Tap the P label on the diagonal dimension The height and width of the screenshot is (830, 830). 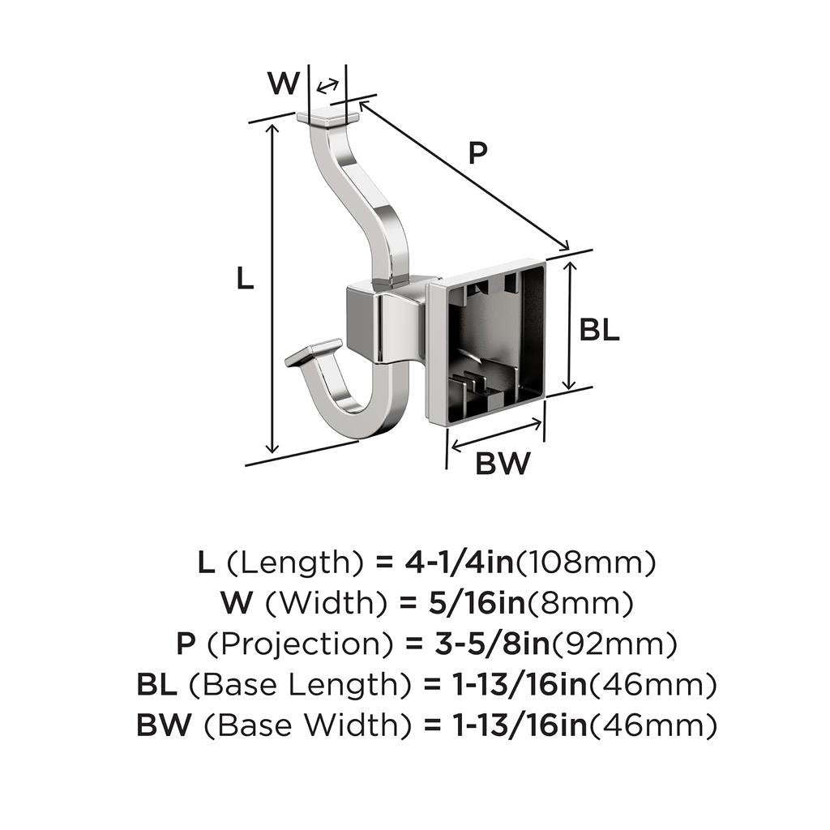478,152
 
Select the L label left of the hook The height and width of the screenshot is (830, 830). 245,279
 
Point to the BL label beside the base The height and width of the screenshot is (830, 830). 600,330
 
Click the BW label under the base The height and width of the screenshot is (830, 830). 503,464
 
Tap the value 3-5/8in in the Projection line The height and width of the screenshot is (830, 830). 485,644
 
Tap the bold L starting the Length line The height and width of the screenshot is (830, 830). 206,562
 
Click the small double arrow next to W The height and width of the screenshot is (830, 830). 327,87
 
